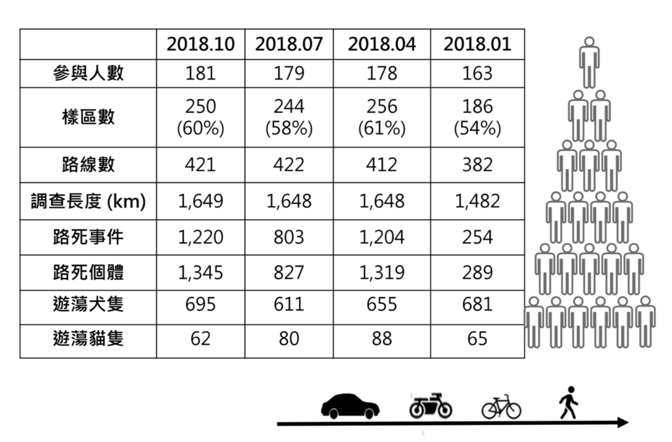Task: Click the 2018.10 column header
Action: pyautogui.click(x=200, y=44)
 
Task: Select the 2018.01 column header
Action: pyautogui.click(x=477, y=44)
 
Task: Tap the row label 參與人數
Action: pyautogui.click(x=88, y=73)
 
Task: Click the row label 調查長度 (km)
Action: pyautogui.click(x=88, y=201)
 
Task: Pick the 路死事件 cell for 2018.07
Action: pyautogui.click(x=289, y=237)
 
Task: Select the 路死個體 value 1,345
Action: pyautogui.click(x=200, y=272)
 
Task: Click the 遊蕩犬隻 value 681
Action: pyautogui.click(x=477, y=304)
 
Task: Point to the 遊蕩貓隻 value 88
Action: pyautogui.click(x=381, y=339)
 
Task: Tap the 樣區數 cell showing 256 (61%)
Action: pyautogui.click(x=381, y=117)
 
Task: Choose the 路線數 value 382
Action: pyautogui.click(x=477, y=165)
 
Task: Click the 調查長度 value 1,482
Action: pyautogui.click(x=477, y=201)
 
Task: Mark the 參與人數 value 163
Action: pyautogui.click(x=477, y=73)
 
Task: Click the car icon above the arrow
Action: pyautogui.click(x=350, y=406)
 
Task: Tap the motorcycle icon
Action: pyautogui.click(x=430, y=405)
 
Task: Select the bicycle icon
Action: pyautogui.click(x=501, y=407)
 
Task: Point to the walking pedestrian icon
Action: pyautogui.click(x=568, y=403)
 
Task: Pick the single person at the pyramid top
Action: pyautogui.click(x=589, y=62)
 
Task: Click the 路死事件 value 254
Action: pyautogui.click(x=477, y=237)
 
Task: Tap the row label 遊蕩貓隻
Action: pyautogui.click(x=88, y=339)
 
